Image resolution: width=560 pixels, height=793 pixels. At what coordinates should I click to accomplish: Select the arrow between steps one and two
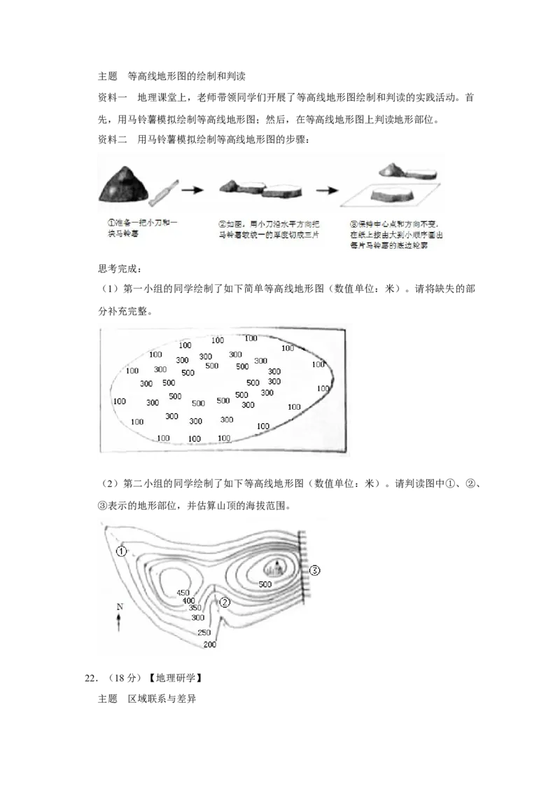192,189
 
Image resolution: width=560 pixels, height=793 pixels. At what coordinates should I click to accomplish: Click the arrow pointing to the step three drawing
326,189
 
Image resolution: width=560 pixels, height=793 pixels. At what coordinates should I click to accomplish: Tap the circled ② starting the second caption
223,222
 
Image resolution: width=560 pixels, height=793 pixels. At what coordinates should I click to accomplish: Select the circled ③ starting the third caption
353,222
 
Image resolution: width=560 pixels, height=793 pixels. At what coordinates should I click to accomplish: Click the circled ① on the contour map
122,551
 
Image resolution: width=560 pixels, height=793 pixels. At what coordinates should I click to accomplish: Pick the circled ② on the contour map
225,602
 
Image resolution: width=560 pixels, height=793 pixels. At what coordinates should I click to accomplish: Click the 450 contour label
184,592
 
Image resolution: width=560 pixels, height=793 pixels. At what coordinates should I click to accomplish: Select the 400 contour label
188,600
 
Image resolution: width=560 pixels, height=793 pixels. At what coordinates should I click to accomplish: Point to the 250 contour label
204,633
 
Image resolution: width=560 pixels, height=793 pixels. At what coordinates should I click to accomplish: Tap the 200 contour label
209,644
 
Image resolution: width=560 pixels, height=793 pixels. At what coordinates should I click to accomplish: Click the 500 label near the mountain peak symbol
265,584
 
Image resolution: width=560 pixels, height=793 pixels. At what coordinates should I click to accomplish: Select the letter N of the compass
119,606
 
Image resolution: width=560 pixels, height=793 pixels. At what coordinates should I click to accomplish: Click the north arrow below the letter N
119,622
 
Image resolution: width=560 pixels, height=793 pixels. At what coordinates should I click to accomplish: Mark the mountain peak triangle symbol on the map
278,563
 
